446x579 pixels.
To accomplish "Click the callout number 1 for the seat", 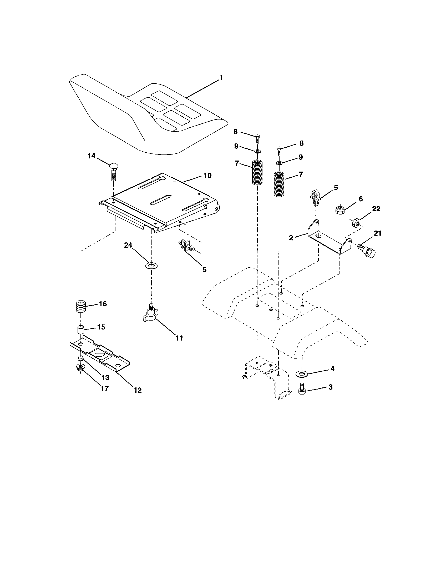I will [x=221, y=77].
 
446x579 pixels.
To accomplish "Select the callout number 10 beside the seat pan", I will [x=207, y=176].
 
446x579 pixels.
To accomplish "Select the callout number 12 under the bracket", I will [x=138, y=390].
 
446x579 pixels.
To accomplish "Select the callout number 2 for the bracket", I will [x=291, y=238].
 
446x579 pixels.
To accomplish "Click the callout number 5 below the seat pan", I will [x=204, y=269].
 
